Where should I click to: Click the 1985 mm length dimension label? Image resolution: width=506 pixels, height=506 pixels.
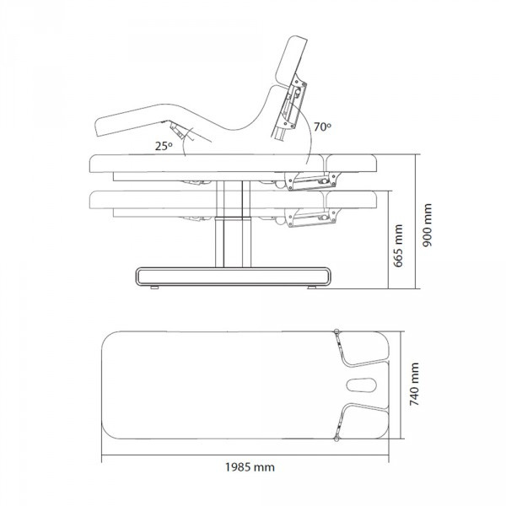click(x=250, y=467)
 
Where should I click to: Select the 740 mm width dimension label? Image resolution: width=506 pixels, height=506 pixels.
click(x=414, y=384)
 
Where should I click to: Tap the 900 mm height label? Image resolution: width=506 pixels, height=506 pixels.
click(x=428, y=225)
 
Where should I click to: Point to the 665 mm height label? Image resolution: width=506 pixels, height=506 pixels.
click(x=398, y=246)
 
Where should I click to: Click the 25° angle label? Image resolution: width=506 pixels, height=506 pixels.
click(x=164, y=146)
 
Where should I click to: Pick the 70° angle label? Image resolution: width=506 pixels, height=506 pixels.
click(x=322, y=126)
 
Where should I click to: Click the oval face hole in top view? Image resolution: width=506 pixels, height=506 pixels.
click(x=362, y=385)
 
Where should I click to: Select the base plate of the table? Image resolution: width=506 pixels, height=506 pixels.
click(x=233, y=277)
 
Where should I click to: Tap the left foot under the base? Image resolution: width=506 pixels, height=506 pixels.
click(x=154, y=288)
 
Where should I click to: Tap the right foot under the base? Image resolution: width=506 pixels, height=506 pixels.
click(x=312, y=288)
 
